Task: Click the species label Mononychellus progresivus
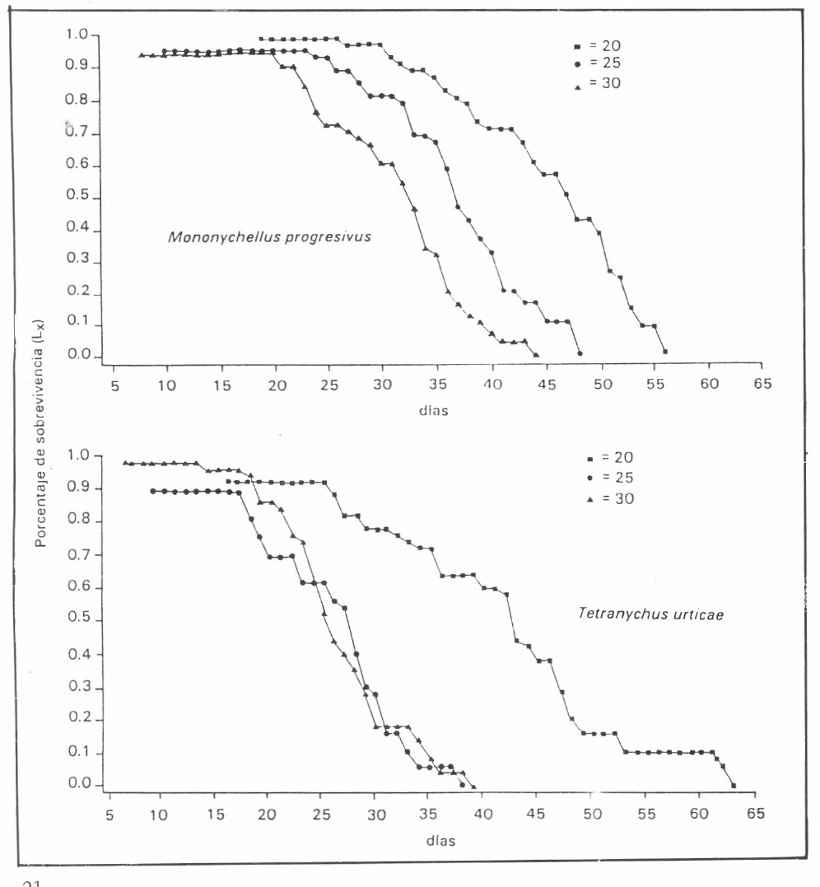pos(269,236)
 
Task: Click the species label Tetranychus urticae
pos(650,614)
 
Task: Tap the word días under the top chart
pos(434,411)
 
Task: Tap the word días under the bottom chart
pos(441,841)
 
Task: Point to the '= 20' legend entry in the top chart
pos(598,46)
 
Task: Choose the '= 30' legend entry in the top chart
pos(598,84)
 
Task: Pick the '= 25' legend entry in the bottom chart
pos(610,478)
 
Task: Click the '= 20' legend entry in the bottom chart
pos(610,458)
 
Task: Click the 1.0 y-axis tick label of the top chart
pos(77,35)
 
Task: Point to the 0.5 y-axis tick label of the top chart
pos(77,195)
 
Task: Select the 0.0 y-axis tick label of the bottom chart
pos(79,783)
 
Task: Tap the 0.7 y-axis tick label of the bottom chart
pos(79,554)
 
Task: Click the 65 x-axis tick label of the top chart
pos(762,384)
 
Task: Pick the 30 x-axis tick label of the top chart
pos(382,385)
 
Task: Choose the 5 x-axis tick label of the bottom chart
pos(109,815)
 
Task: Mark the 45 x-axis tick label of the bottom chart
pos(535,814)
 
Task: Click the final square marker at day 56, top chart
pos(665,352)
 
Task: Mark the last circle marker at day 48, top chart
pos(580,353)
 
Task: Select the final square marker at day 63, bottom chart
pos(734,786)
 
